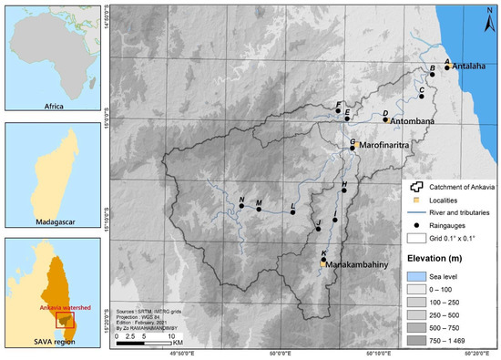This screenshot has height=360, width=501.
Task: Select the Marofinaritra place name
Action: coord(388,145)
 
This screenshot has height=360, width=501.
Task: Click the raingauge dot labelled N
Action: coord(241,206)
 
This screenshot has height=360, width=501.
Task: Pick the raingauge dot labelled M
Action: coord(259,209)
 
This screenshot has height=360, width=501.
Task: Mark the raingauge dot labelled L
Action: coord(292,212)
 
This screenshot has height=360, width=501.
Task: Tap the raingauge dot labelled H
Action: coord(343,190)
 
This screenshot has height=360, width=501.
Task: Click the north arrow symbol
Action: coord(488,14)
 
